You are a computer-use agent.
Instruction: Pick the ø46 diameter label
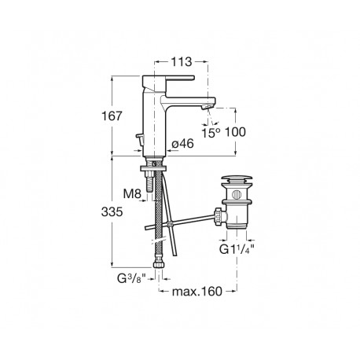click(182, 143)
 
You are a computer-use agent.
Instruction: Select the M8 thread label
click(135, 193)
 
